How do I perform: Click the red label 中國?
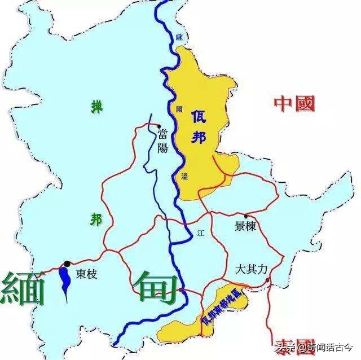(294, 103)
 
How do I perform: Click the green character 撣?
(98, 106)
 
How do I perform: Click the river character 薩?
(179, 36)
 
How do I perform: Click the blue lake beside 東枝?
(65, 280)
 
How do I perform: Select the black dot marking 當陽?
(160, 126)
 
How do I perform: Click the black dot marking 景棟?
(246, 216)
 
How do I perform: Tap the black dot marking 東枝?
(67, 264)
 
